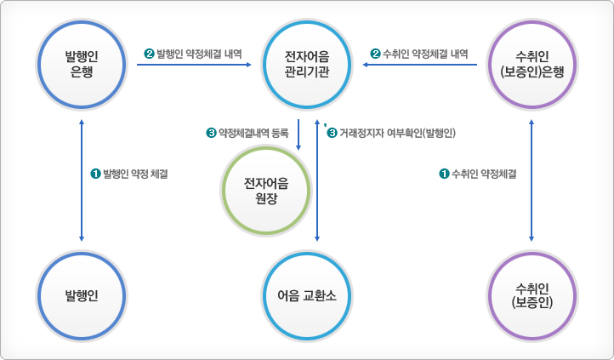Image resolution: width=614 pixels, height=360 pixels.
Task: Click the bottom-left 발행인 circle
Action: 82,296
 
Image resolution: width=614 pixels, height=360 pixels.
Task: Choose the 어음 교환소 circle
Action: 307,296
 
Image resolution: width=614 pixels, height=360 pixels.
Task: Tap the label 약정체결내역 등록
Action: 253,133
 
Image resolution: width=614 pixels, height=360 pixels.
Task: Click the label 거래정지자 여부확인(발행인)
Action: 398,133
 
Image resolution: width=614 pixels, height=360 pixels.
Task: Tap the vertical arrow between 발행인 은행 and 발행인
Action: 82,179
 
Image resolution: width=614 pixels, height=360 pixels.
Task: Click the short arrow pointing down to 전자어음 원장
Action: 299,136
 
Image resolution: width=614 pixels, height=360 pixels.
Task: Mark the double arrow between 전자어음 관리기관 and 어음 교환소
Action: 317,183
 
